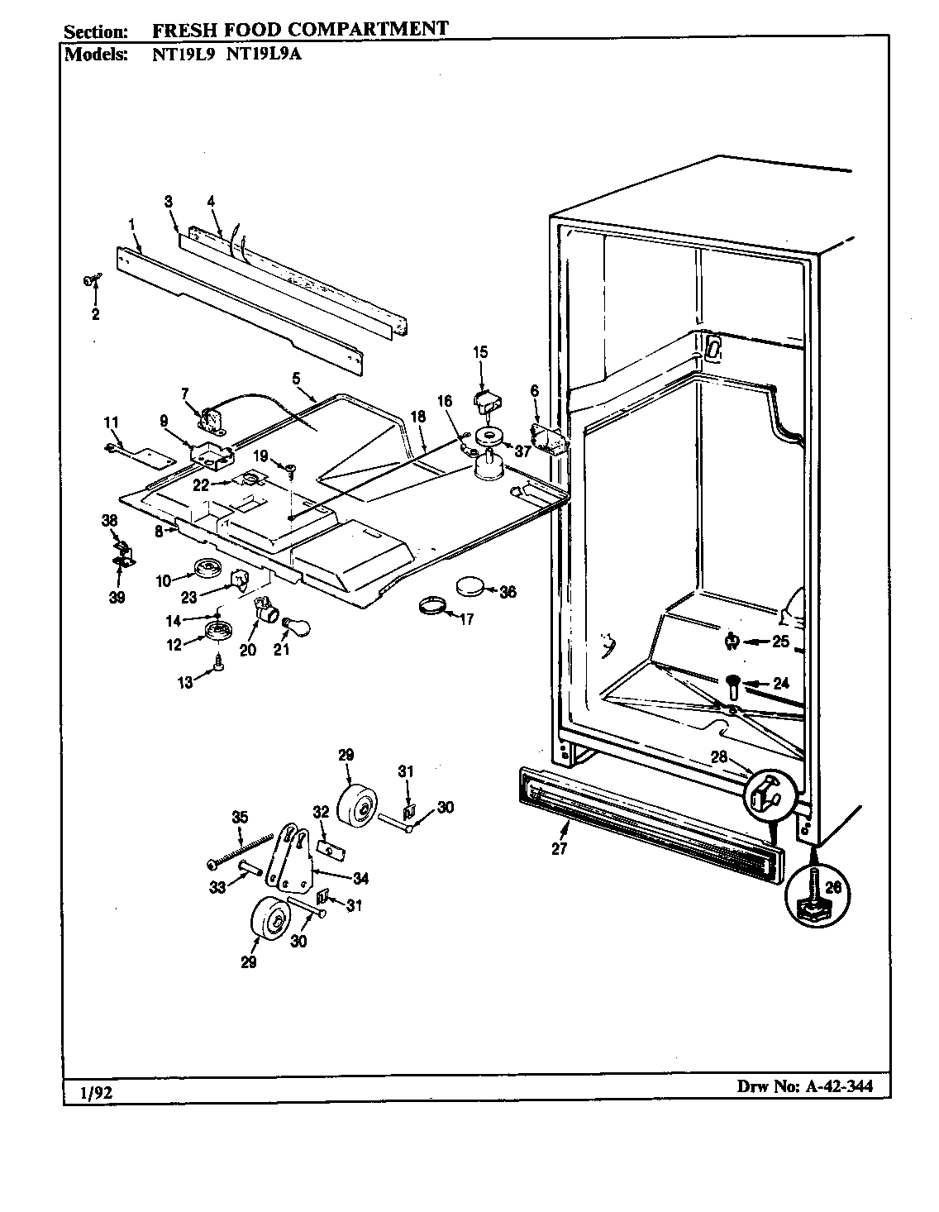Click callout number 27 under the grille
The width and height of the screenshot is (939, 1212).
559,848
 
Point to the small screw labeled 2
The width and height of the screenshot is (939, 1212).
90,282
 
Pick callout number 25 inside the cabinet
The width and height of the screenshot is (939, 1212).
781,641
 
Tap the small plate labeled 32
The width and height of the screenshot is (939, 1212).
329,847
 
